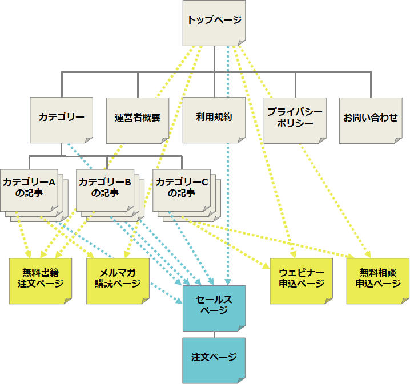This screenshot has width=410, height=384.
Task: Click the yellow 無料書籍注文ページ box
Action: [x=41, y=280]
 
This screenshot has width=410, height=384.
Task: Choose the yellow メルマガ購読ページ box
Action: [x=118, y=280]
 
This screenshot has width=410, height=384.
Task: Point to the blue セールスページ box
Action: [x=214, y=307]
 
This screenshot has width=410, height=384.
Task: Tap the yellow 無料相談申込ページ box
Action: [x=377, y=280]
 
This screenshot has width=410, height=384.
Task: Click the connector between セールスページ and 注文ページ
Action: [x=214, y=334]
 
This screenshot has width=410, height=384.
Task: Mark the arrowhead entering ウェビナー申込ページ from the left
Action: [x=266, y=265]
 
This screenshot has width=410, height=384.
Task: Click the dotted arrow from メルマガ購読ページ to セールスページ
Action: [x=166, y=292]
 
